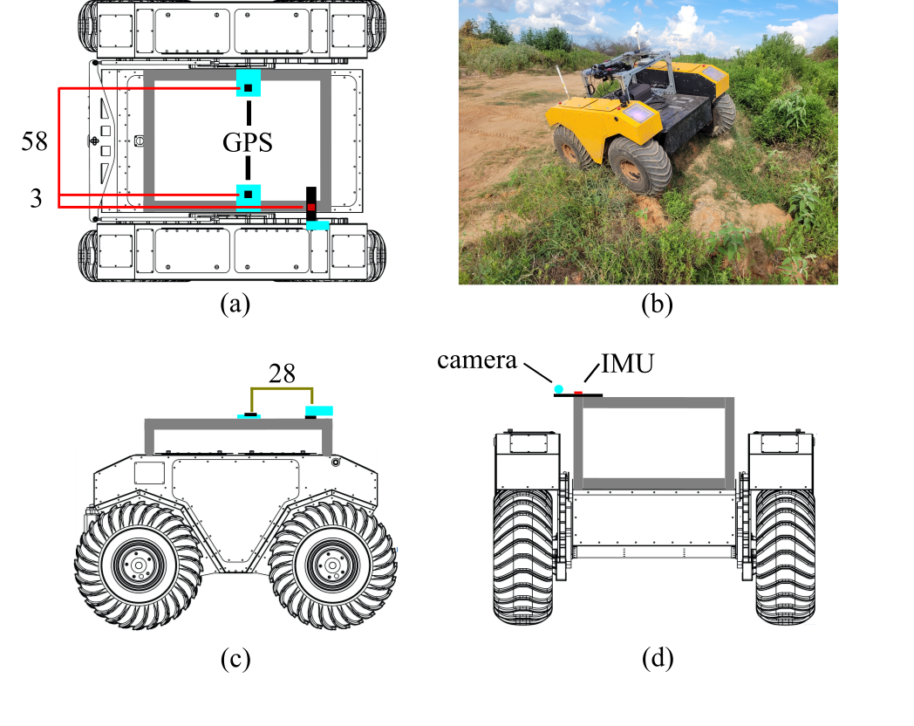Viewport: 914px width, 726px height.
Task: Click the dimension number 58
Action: click(x=34, y=141)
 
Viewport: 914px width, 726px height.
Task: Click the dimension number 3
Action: click(x=36, y=199)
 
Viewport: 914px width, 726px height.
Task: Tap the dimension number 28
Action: click(x=282, y=373)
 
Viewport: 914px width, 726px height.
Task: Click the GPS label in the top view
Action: click(x=248, y=142)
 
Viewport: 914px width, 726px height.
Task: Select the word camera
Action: click(x=477, y=360)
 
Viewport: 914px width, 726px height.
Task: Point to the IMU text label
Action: click(x=627, y=363)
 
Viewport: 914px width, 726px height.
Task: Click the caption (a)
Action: click(x=235, y=304)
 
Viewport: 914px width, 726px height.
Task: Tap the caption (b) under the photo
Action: click(x=657, y=304)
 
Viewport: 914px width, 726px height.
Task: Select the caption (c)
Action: click(x=235, y=659)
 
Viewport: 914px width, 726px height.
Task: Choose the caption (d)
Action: click(x=658, y=658)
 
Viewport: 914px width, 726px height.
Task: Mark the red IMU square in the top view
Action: click(x=311, y=207)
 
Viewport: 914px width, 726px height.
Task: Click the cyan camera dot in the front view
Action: click(x=559, y=389)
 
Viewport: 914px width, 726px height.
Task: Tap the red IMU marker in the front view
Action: click(x=578, y=393)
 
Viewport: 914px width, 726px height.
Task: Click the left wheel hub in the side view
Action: click(x=138, y=565)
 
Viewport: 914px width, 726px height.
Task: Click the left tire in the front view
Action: click(x=523, y=557)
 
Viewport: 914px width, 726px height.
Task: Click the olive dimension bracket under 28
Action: click(x=282, y=388)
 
